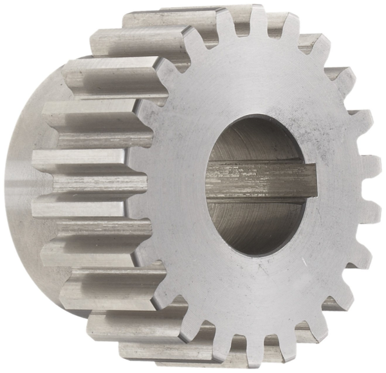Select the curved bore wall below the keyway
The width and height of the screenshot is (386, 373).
pyautogui.click(x=257, y=222)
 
